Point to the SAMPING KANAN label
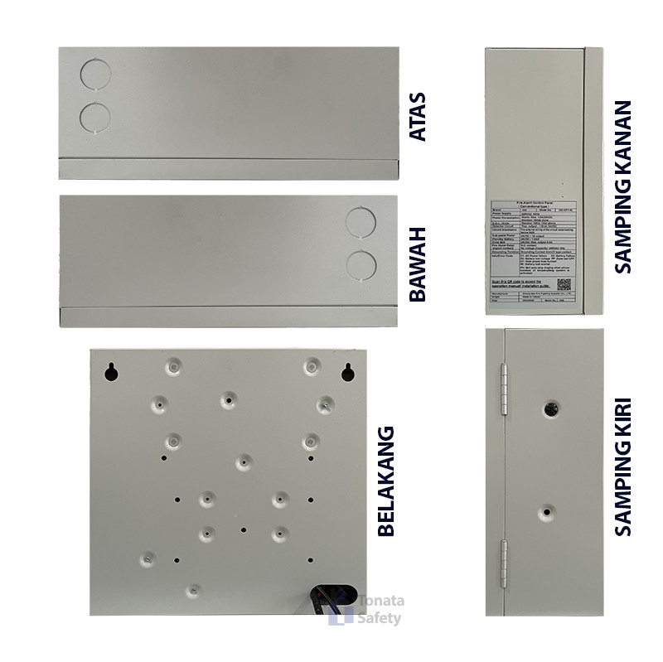[x=623, y=187]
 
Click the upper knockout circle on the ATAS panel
[x=95, y=74]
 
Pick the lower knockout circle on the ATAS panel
[x=95, y=116]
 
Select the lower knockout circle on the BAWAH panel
[x=361, y=264]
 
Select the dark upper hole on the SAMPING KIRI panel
[x=550, y=408]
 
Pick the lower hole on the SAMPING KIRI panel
[x=545, y=513]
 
